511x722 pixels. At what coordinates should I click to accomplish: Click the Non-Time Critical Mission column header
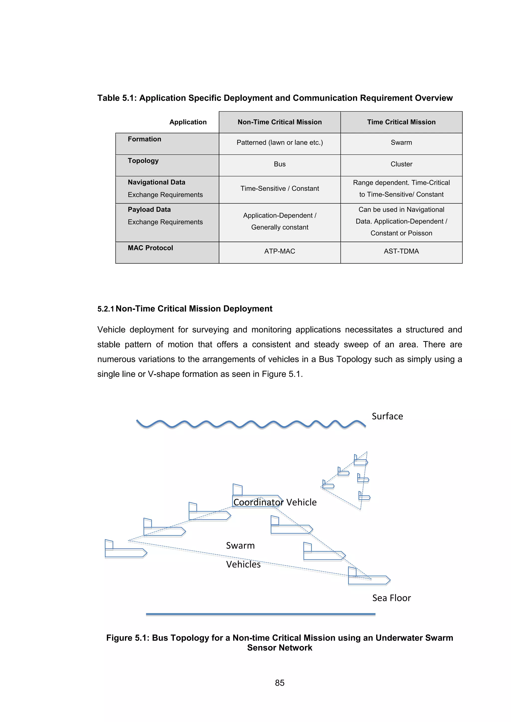click(x=279, y=122)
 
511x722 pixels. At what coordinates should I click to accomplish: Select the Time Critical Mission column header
click(x=401, y=122)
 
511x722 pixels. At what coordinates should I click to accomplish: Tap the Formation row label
click(x=144, y=139)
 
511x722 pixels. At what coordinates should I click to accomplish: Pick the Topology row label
click(x=143, y=161)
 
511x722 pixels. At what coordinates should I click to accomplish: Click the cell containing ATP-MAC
click(x=279, y=251)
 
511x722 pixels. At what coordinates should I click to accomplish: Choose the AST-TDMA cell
click(x=401, y=251)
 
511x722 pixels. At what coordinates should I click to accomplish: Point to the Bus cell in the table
click(x=279, y=164)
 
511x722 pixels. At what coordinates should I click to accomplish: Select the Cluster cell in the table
click(x=401, y=164)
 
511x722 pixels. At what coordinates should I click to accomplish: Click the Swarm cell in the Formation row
click(x=401, y=142)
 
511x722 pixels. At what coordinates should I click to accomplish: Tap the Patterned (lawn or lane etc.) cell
click(x=279, y=142)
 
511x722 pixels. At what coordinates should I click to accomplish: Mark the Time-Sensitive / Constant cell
click(x=279, y=188)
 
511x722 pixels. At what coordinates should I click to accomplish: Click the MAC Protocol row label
click(x=150, y=248)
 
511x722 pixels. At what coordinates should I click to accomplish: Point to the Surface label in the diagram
click(x=387, y=416)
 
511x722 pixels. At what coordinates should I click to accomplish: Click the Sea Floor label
click(x=391, y=598)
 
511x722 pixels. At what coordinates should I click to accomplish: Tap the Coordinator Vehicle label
click(x=275, y=502)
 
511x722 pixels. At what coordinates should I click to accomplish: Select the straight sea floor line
click(x=260, y=614)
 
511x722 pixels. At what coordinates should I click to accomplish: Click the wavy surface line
click(x=251, y=424)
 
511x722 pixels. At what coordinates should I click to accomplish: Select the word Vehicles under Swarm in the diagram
click(x=243, y=564)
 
